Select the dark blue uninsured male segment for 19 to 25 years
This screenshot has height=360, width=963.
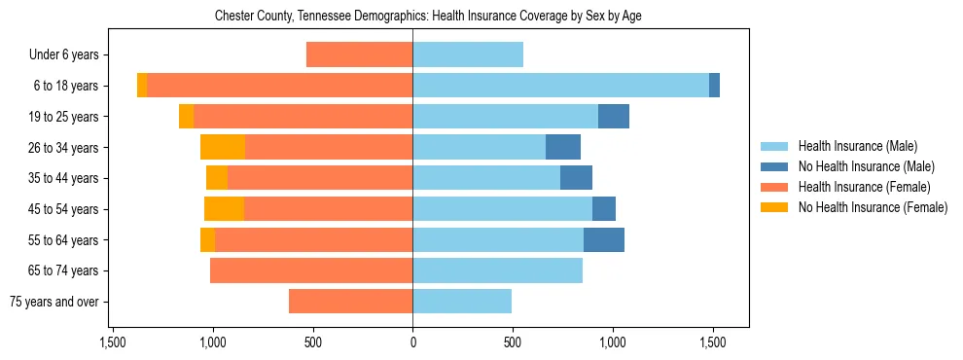614,116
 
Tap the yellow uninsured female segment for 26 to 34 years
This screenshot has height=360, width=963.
223,147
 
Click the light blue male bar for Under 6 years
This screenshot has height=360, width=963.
468,54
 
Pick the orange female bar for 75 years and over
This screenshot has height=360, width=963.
350,302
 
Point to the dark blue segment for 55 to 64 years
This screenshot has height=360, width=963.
604,239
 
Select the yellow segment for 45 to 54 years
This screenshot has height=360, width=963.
224,208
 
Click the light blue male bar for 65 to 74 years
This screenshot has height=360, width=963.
497,270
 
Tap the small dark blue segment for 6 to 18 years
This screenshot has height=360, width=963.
715,86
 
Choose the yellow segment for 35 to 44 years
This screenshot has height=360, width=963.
217,178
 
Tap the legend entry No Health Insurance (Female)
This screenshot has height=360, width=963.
873,207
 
